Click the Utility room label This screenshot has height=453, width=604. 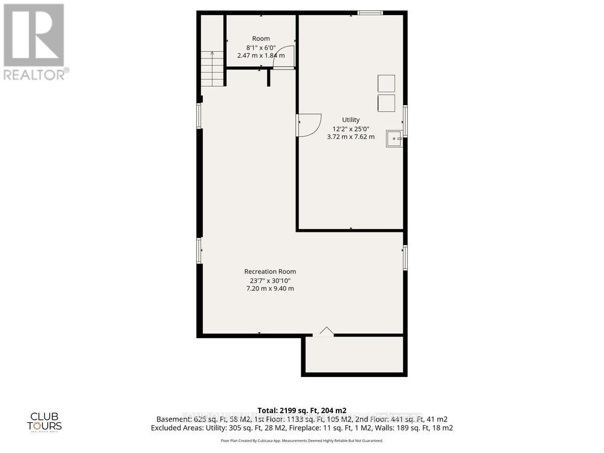[x=350, y=120]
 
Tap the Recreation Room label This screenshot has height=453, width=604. [x=270, y=271]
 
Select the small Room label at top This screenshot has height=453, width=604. [x=261, y=39]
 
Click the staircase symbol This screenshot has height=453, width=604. [x=213, y=68]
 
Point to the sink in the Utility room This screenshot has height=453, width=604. [x=395, y=138]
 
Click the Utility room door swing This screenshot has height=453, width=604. [x=309, y=126]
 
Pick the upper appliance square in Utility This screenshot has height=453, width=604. [x=386, y=83]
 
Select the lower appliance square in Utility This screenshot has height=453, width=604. [x=386, y=103]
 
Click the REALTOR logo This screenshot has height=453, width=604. [x=34, y=42]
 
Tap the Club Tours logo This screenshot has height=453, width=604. [x=46, y=420]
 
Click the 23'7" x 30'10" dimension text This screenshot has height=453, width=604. [x=270, y=280]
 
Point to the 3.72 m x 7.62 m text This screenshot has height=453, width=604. [x=351, y=137]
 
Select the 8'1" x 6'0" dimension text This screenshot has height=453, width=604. [x=261, y=48]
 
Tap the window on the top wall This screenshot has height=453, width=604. [x=368, y=12]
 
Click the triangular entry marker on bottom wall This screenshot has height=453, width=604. [x=326, y=330]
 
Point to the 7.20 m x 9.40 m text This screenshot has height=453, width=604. [x=270, y=289]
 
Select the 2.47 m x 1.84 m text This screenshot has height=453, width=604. [x=261, y=56]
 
